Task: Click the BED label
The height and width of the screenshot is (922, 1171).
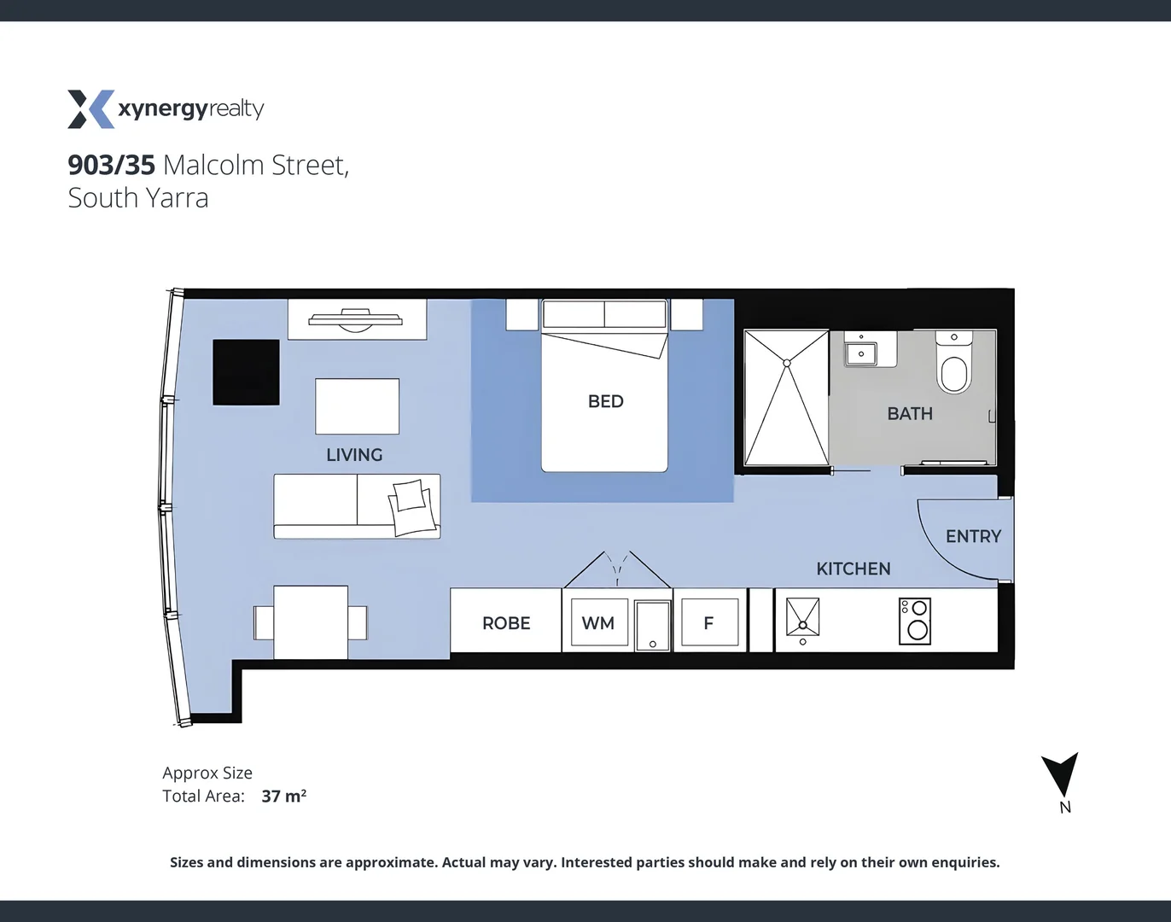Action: point(605,401)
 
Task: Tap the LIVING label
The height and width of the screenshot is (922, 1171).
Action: point(354,455)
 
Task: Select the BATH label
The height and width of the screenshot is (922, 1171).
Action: point(910,414)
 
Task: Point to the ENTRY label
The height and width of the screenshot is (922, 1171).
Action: point(973,536)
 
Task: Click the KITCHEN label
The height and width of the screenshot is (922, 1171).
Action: point(853,569)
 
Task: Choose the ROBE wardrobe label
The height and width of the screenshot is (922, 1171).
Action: point(506,623)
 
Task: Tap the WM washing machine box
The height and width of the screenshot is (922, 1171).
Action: point(598,623)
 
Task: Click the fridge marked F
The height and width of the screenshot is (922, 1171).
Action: point(708,623)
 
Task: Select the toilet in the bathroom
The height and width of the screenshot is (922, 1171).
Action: point(953,367)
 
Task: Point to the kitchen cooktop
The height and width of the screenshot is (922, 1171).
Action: point(915,621)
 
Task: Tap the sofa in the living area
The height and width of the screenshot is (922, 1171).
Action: point(357,506)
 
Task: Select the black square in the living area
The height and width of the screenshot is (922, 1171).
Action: point(246,372)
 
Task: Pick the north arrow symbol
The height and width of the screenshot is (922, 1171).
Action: point(1060,775)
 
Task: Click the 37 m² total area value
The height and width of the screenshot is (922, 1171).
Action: point(283,797)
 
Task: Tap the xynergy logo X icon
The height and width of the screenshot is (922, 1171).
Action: point(90,109)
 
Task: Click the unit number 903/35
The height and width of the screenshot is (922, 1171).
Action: point(111,165)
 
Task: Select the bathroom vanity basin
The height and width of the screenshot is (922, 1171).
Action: point(861,353)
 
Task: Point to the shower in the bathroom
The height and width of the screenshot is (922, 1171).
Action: point(786,398)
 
